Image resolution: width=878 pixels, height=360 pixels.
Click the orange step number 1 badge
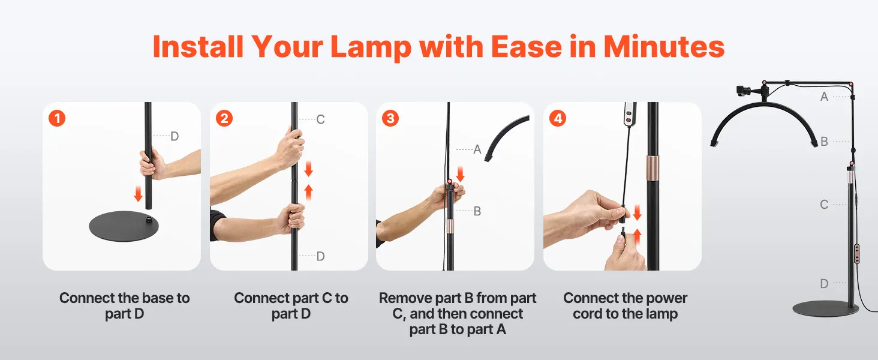(57, 118)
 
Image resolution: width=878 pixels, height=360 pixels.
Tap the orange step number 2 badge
(224, 118)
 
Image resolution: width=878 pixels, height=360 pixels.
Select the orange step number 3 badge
(390, 118)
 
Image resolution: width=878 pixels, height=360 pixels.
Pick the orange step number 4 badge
(558, 118)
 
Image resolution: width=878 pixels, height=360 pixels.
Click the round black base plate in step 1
(124, 226)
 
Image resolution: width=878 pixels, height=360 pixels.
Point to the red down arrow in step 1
(138, 194)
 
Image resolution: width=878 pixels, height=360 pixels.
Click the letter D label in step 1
(175, 136)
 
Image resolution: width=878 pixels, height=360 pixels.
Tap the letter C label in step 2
(320, 119)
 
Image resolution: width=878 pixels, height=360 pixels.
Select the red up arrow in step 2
(309, 192)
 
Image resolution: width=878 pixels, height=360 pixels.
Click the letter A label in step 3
(477, 149)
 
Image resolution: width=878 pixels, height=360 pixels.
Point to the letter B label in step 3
(477, 211)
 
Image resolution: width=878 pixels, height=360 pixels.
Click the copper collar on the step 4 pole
(653, 167)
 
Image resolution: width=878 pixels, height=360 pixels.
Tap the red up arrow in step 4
(638, 237)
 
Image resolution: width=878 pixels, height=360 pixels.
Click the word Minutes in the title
(663, 47)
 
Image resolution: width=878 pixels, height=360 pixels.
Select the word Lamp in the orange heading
(371, 47)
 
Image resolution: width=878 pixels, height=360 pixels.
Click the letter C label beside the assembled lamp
(824, 205)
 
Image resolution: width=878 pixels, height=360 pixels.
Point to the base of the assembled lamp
(826, 308)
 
